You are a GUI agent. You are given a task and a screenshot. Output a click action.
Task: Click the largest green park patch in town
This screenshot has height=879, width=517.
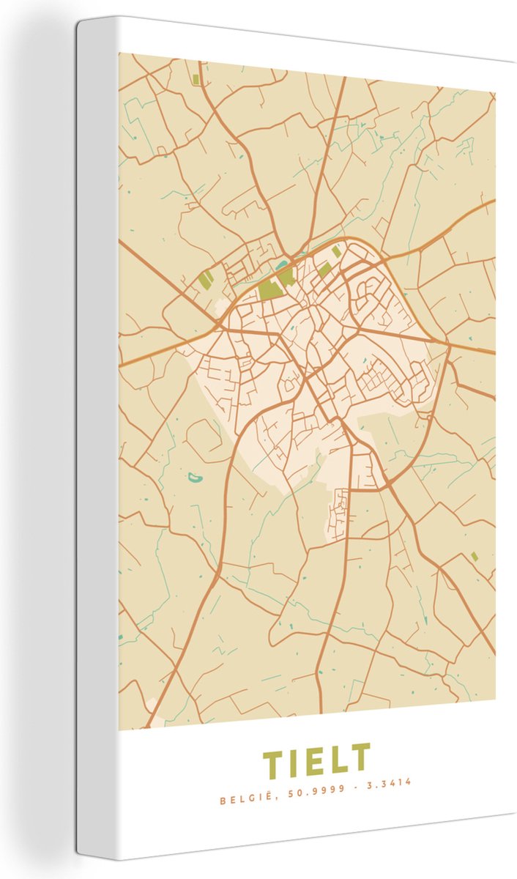click(x=270, y=289)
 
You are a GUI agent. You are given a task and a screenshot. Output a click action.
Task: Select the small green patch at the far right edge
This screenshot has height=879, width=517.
click(x=475, y=557)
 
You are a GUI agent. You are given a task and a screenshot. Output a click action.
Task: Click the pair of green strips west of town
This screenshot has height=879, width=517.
click(x=207, y=279)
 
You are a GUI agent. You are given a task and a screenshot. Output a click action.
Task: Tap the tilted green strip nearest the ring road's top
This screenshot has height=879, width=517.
click(x=336, y=251)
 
